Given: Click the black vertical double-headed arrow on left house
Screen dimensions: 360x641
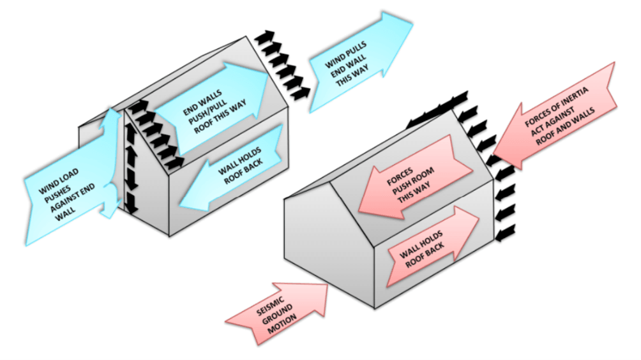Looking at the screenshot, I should click(131, 169).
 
